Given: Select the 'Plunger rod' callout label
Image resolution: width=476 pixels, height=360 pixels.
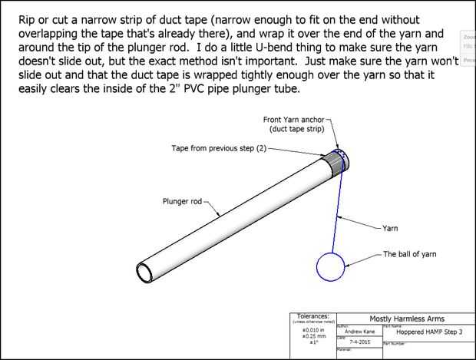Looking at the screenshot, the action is tap(182, 201).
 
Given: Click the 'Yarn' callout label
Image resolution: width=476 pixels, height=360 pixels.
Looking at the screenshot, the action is tap(390, 228).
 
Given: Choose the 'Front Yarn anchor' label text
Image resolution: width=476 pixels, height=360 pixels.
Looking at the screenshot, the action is tap(294, 120).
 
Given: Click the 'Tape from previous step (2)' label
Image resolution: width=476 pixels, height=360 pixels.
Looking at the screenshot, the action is tap(218, 147).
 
